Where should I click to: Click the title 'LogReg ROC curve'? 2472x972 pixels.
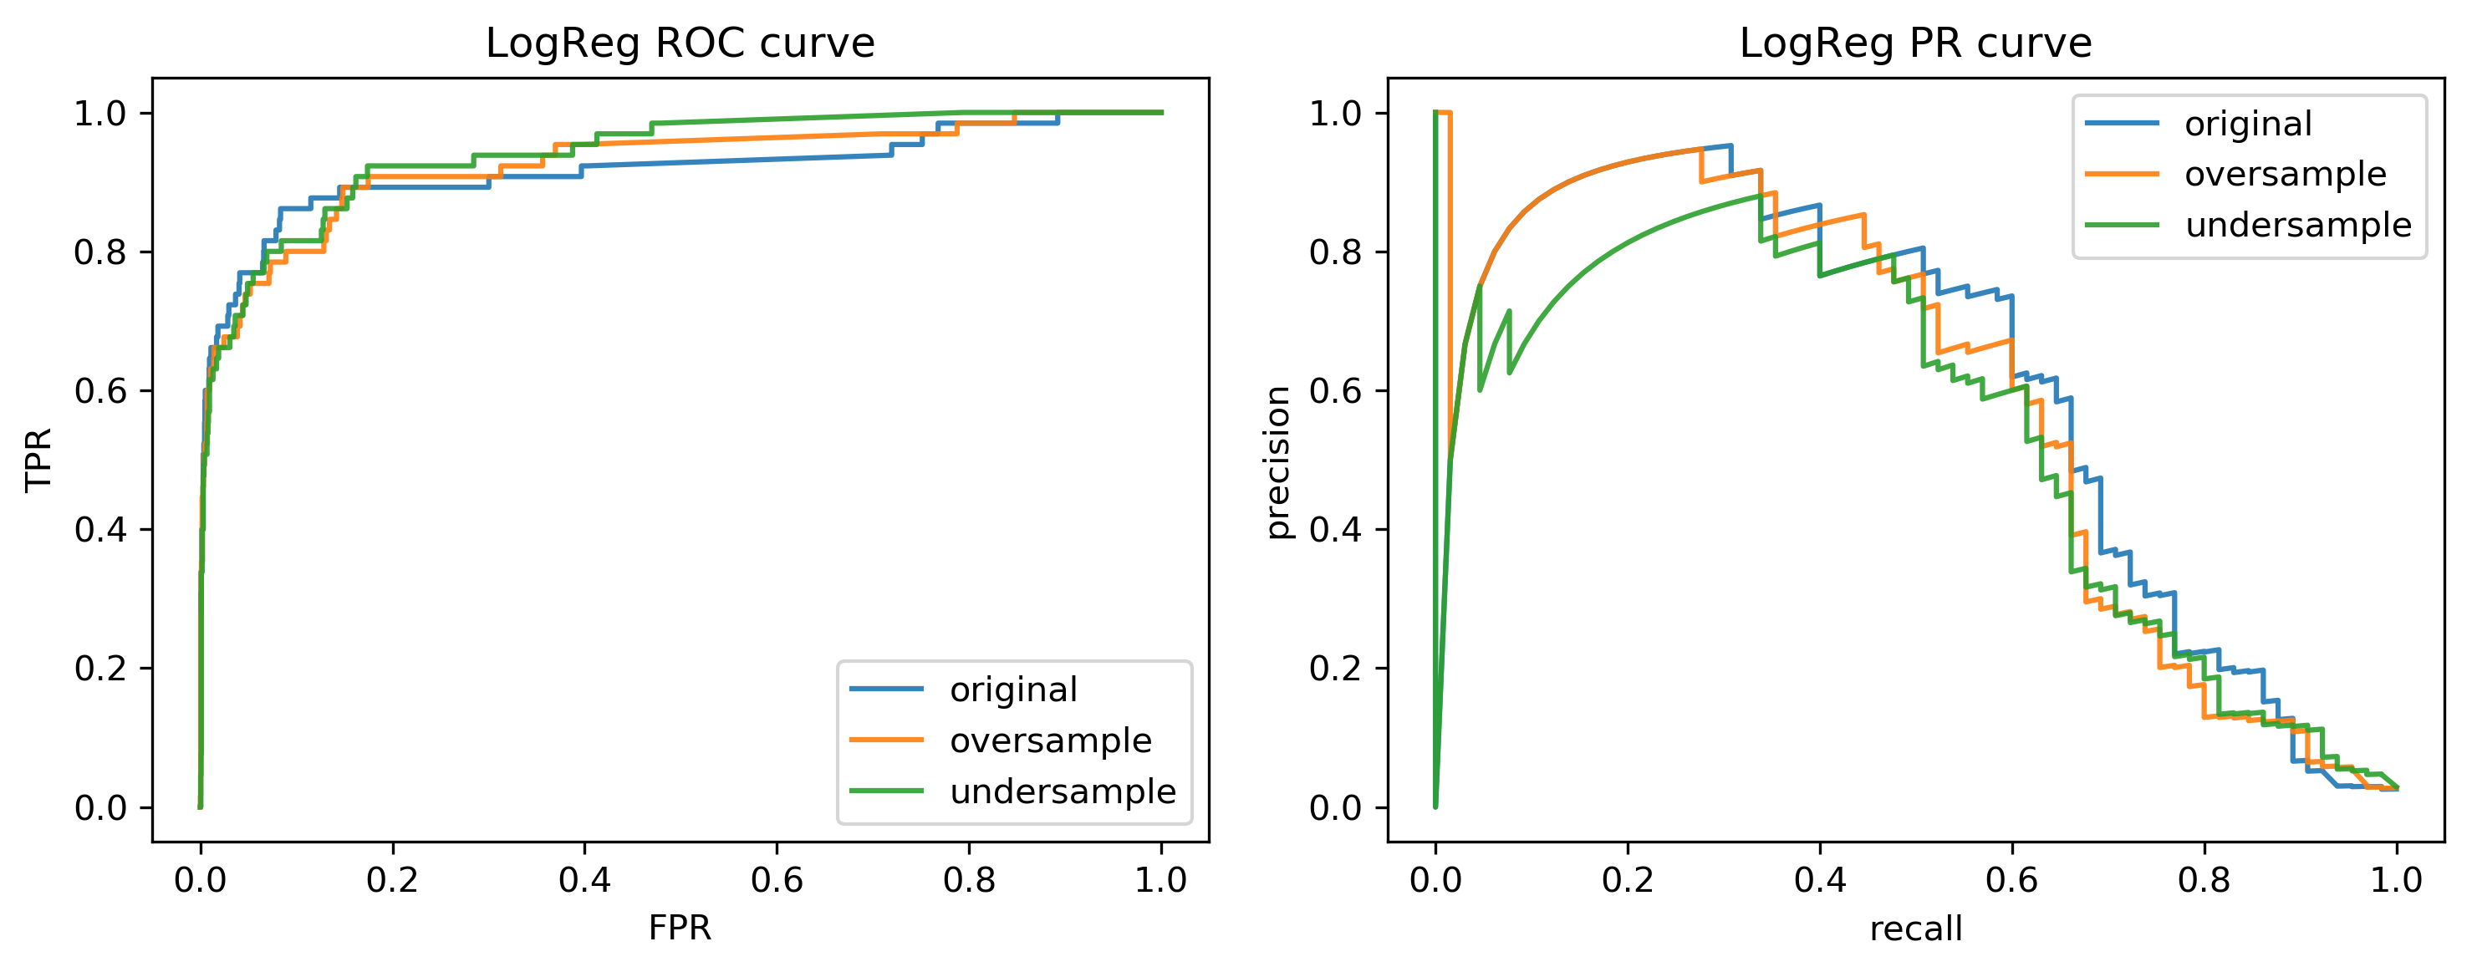[680, 43]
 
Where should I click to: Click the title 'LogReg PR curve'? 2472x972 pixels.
[1915, 43]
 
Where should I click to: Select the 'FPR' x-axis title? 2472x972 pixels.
[680, 928]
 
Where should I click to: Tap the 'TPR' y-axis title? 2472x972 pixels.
[38, 460]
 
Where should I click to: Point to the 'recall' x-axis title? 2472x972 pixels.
[1915, 928]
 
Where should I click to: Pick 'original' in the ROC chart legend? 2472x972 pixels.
[1013, 689]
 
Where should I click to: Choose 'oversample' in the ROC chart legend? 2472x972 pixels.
[1051, 740]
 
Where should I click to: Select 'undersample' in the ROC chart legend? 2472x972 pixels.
[1063, 791]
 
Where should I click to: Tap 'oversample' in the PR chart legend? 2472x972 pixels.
[2286, 174]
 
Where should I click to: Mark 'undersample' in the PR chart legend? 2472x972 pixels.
[2298, 225]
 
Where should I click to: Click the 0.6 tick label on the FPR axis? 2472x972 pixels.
[777, 879]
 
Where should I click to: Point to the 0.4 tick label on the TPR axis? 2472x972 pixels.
[99, 530]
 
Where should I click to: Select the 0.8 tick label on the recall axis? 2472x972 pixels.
[2204, 879]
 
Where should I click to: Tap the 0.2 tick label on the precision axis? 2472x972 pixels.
[1335, 669]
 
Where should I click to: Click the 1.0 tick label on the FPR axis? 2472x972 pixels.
[1161, 879]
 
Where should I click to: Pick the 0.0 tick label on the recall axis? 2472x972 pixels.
[1435, 879]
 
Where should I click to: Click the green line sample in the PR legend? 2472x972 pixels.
[2123, 225]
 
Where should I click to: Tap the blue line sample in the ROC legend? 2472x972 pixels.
[887, 689]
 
